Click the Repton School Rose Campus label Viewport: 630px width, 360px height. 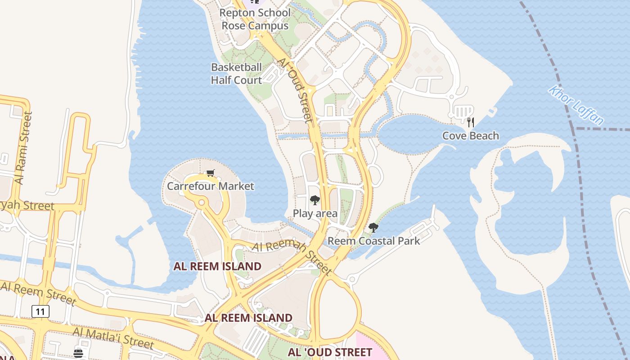tap(255, 19)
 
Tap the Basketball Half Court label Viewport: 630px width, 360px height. tap(236, 74)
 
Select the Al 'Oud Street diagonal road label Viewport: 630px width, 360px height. tap(296, 90)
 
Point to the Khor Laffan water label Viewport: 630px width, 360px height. tap(576, 105)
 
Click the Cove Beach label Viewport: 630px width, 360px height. tap(470, 135)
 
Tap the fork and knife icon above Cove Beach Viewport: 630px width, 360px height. tap(471, 122)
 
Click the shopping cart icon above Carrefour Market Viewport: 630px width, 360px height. tap(210, 173)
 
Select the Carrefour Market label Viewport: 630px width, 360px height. tap(210, 186)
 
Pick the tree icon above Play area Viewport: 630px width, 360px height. tap(315, 200)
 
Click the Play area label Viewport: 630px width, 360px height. tap(315, 213)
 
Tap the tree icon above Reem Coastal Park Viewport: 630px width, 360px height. tap(373, 228)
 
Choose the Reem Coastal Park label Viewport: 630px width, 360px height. tap(373, 241)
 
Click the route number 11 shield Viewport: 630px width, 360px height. tap(40, 311)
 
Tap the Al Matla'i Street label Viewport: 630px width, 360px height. tap(113, 338)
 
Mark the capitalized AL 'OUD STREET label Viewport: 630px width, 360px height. tap(330, 352)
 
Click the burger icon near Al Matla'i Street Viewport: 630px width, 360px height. tap(78, 353)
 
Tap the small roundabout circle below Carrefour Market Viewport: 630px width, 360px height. tap(201, 203)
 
